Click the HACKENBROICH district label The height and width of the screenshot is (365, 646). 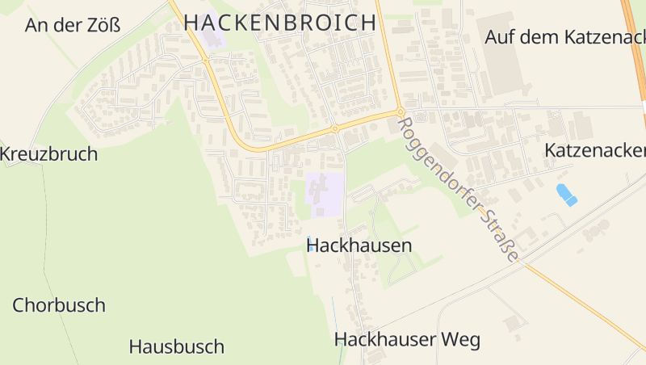tap(280, 22)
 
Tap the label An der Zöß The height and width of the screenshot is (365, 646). tap(73, 25)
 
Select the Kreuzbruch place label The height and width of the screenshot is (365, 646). tap(48, 153)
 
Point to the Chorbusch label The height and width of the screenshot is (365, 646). tap(59, 305)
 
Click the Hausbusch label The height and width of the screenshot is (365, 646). tap(176, 347)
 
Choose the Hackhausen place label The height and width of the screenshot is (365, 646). tap(359, 245)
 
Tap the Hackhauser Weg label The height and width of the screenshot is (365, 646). tap(407, 339)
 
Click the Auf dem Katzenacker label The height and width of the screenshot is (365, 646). tap(565, 37)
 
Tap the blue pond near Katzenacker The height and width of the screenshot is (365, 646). tap(567, 195)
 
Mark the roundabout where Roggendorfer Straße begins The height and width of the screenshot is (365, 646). tap(400, 112)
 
